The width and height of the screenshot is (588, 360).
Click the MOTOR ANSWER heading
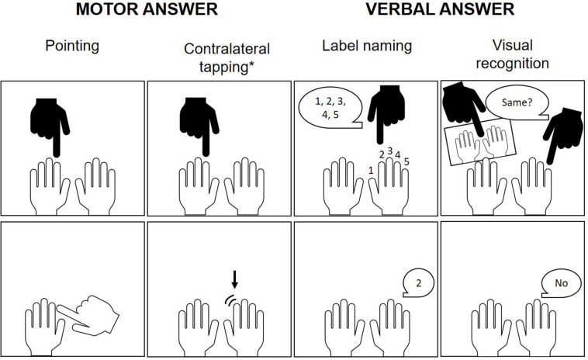147,9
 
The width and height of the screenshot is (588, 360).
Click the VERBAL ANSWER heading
440,9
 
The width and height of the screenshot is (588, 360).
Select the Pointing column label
72,46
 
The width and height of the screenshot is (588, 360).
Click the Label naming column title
367,46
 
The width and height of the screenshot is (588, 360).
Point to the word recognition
512,64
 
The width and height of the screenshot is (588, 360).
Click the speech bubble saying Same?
517,102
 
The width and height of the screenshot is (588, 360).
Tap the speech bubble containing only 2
418,282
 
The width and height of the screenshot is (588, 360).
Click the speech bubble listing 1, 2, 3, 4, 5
330,108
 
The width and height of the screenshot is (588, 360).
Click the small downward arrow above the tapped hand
235,279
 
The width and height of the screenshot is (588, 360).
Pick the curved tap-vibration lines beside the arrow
229,300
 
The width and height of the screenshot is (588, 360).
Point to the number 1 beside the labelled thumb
371,171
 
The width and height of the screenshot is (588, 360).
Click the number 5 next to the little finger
406,162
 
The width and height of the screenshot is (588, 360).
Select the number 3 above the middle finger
390,151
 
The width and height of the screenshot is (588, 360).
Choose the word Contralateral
227,49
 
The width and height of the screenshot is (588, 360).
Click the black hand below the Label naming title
386,114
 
